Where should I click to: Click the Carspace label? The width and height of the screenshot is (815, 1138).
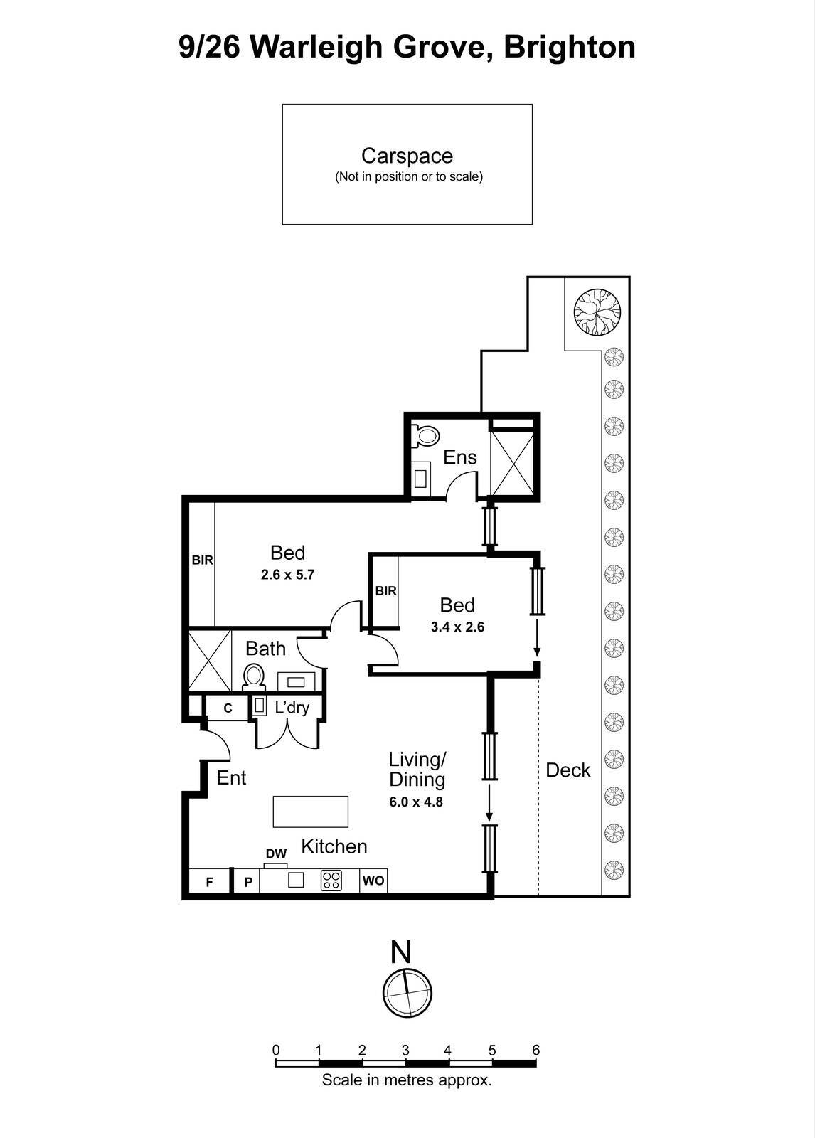pyautogui.click(x=407, y=156)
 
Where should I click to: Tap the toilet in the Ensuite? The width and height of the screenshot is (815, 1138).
pyautogui.click(x=426, y=435)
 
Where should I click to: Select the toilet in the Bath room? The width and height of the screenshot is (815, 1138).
pyautogui.click(x=253, y=676)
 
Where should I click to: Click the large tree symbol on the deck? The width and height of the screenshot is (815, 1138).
pyautogui.click(x=597, y=312)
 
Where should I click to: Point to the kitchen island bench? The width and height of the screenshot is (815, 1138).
pyautogui.click(x=311, y=812)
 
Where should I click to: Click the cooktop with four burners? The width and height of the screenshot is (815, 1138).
pyautogui.click(x=331, y=881)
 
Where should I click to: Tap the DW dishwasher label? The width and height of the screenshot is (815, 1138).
pyautogui.click(x=276, y=854)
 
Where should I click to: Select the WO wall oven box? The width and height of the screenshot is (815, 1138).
pyautogui.click(x=373, y=881)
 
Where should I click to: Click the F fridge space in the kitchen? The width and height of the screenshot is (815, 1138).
pyautogui.click(x=210, y=882)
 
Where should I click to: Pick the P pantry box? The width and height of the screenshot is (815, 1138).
pyautogui.click(x=248, y=882)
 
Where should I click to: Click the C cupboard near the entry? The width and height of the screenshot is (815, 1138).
pyautogui.click(x=228, y=708)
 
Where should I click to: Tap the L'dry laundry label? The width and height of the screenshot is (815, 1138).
pyautogui.click(x=292, y=708)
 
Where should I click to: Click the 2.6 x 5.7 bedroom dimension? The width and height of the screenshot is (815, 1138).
pyautogui.click(x=287, y=575)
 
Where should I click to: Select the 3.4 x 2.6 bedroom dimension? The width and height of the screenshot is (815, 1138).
pyautogui.click(x=457, y=627)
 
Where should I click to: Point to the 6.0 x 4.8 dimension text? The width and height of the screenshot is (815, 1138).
pyautogui.click(x=416, y=802)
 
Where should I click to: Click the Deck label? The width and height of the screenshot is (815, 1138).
pyautogui.click(x=568, y=770)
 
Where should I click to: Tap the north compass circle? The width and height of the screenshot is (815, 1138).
pyautogui.click(x=407, y=993)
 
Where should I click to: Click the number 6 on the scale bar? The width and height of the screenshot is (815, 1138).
pyautogui.click(x=536, y=1051)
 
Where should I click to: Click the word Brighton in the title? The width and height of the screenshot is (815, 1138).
pyautogui.click(x=570, y=47)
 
